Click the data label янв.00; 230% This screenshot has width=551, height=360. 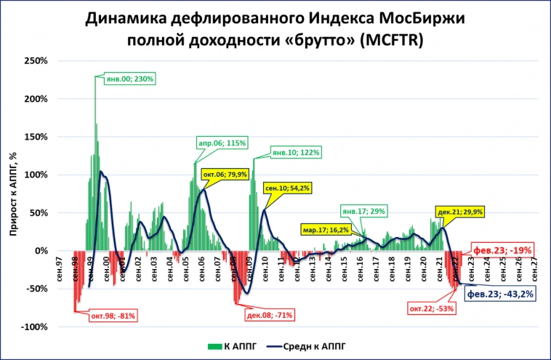coord(130,79)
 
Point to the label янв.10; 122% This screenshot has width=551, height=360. coord(296,153)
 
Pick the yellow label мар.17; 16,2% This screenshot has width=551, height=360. coord(326,230)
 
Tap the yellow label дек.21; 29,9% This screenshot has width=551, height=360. coord(459,211)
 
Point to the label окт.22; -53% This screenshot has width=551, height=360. coord(433,308)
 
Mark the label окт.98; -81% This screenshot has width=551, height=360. coord(113,315)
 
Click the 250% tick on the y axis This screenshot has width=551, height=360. coord(36,60)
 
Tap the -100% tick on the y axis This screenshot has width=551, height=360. coord(34,327)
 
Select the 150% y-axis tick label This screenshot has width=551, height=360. coord(36,137)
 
